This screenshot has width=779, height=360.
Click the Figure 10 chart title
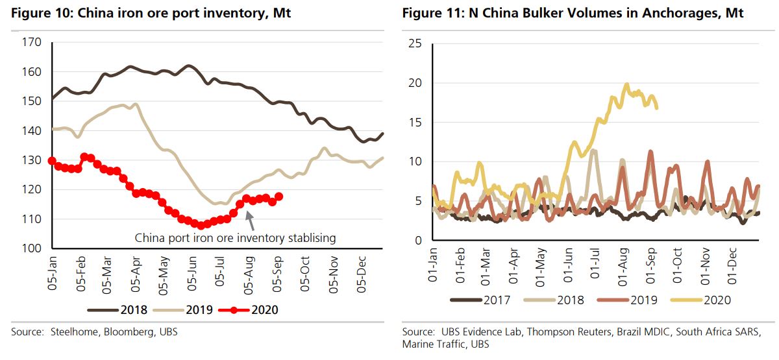coord(151,13)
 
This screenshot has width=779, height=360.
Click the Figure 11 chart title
coord(573,13)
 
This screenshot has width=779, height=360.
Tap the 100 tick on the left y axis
coord(32,248)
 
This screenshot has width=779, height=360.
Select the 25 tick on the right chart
coord(414,43)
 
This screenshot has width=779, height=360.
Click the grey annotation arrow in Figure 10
coord(249,217)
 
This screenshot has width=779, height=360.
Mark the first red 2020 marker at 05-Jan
coord(52,161)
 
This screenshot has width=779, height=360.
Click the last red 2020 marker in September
coord(279,197)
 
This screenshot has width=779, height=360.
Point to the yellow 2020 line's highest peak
coord(626,84)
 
